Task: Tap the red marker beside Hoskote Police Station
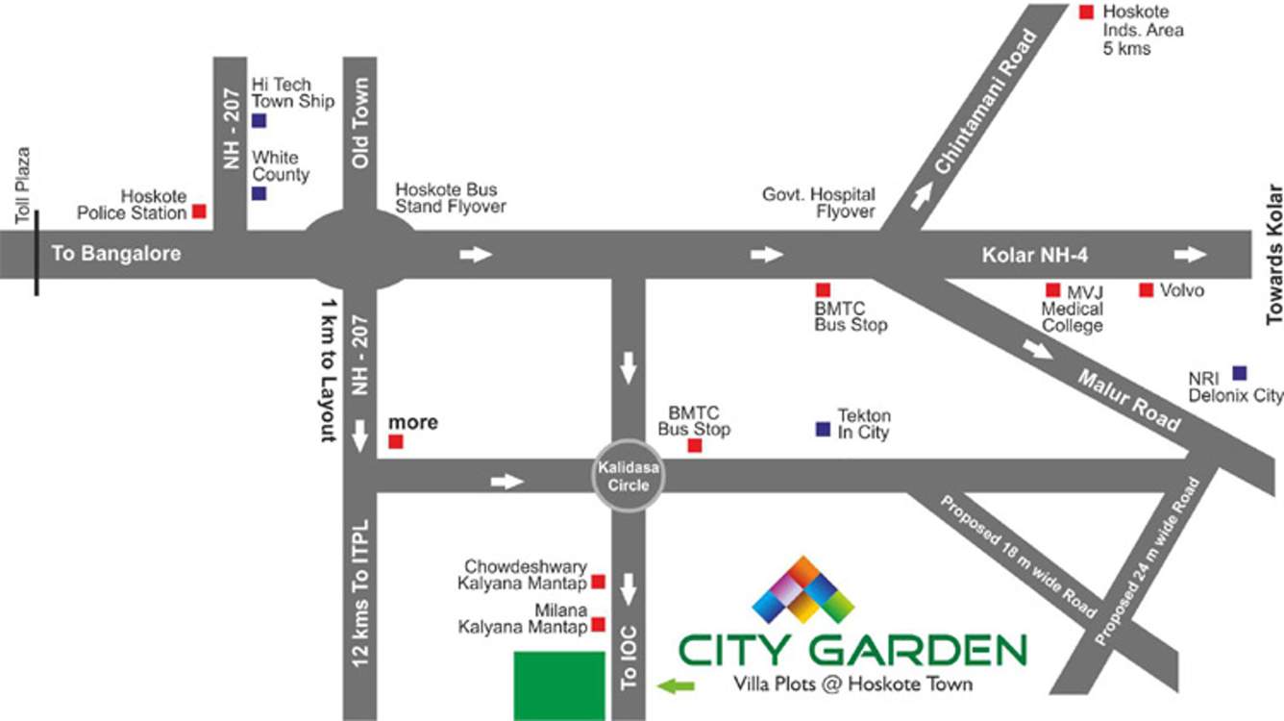(200, 211)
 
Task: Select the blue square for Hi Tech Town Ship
(259, 120)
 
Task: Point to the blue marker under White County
(259, 193)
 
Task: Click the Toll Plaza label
(24, 186)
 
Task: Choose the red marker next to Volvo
(1146, 289)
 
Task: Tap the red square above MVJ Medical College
(1053, 289)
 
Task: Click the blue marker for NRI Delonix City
(1240, 372)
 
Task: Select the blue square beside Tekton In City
(823, 430)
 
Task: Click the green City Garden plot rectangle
(559, 685)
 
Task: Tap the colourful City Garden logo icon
(802, 590)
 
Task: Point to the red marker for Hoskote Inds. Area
(1086, 12)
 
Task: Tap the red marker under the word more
(395, 442)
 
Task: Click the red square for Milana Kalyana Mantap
(598, 625)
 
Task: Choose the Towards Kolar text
(1274, 254)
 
